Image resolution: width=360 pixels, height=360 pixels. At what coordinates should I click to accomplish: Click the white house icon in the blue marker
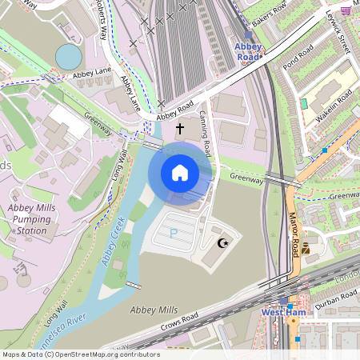(x=180, y=172)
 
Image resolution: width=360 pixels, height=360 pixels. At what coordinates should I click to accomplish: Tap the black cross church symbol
(x=180, y=127)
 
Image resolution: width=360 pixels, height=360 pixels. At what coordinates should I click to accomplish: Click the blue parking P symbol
(x=174, y=233)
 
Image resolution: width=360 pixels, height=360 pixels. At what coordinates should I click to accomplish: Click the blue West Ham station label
(x=281, y=311)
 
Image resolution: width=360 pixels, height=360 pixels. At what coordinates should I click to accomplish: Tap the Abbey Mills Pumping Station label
(x=32, y=219)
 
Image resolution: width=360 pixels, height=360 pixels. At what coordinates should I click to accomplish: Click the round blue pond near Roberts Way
(x=69, y=56)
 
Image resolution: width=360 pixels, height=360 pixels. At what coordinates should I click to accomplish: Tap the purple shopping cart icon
(x=345, y=10)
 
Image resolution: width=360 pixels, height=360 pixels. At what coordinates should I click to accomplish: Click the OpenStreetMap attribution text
(x=80, y=354)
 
